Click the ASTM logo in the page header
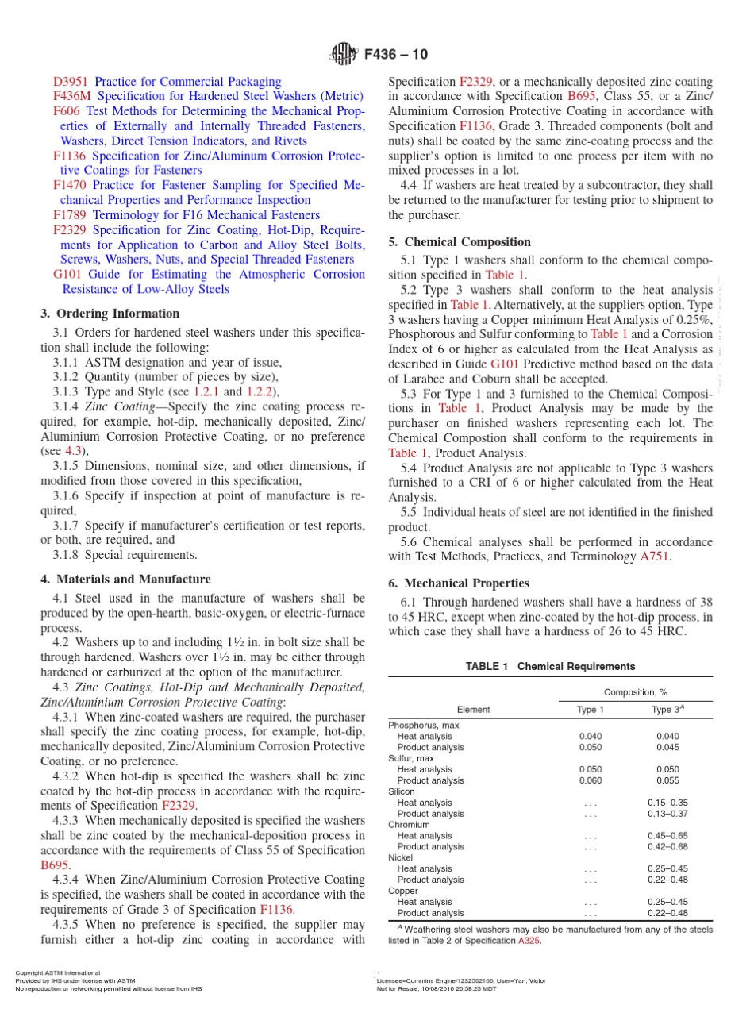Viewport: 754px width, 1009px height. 344,55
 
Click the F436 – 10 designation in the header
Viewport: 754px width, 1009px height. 396,55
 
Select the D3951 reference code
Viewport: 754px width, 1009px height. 70,82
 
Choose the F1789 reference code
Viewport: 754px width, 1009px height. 70,215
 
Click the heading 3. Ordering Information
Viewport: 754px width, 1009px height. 110,314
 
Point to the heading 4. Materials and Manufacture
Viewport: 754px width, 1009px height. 125,580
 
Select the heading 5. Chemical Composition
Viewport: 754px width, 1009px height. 460,242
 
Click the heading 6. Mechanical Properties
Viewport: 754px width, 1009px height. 459,583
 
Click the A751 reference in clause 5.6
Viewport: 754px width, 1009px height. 655,556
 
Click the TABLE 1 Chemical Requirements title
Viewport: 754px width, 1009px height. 550,667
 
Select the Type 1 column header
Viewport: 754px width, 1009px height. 591,710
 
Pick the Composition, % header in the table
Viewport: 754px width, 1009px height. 636,692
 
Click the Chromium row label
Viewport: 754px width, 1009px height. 409,825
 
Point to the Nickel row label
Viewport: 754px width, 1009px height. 401,858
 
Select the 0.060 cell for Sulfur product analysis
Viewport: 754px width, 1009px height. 591,780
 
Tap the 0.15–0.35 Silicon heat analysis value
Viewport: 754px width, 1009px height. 667,803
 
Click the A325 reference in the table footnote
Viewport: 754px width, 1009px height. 529,941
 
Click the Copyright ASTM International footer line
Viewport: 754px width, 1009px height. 58,972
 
